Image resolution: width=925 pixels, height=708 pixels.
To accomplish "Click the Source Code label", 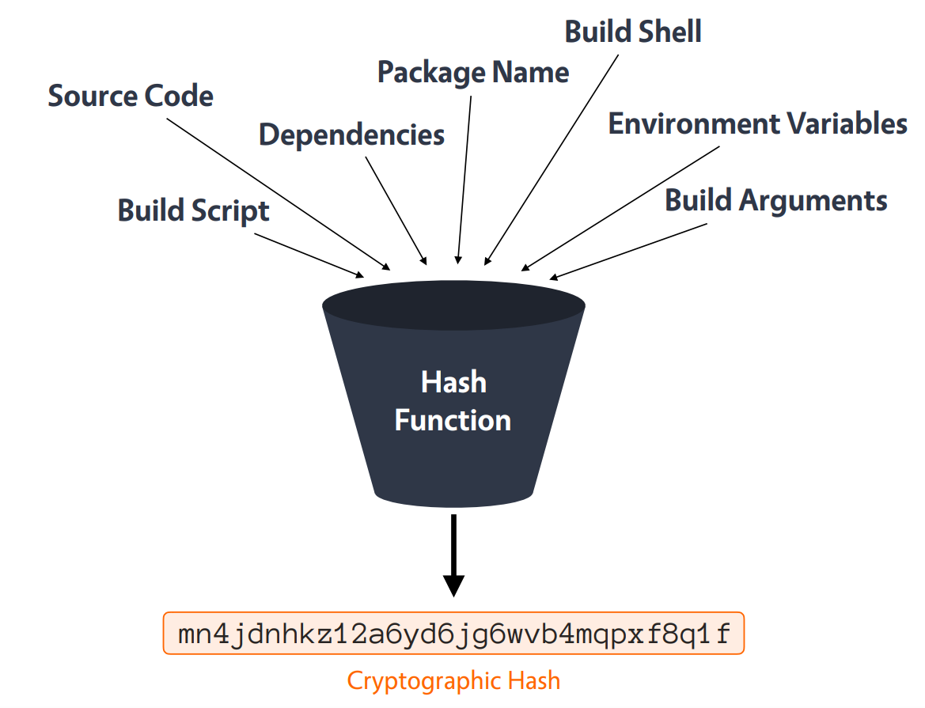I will [131, 97].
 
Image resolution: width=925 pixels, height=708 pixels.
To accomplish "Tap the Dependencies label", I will [351, 134].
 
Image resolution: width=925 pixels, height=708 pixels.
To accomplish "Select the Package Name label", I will [473, 73].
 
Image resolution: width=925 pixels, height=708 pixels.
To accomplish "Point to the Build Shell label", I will [633, 32].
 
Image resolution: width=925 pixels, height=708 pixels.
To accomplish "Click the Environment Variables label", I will [757, 124].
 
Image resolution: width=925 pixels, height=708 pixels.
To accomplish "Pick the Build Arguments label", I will [775, 200].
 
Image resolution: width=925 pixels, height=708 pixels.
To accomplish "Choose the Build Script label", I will [194, 210].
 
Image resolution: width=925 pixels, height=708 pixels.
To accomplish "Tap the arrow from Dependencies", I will [396, 210].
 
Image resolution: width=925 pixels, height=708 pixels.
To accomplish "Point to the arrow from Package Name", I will [464, 178].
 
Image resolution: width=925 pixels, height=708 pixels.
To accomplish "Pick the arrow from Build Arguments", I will [629, 250].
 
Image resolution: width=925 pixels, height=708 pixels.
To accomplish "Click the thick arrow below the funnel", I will [453, 554].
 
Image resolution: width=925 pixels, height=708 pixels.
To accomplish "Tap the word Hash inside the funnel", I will [453, 383].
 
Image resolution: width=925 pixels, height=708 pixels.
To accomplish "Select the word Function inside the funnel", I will [453, 420].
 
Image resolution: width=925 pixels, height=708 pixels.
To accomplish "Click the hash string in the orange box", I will [453, 634].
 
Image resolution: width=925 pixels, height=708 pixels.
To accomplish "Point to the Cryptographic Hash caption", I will [453, 681].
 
